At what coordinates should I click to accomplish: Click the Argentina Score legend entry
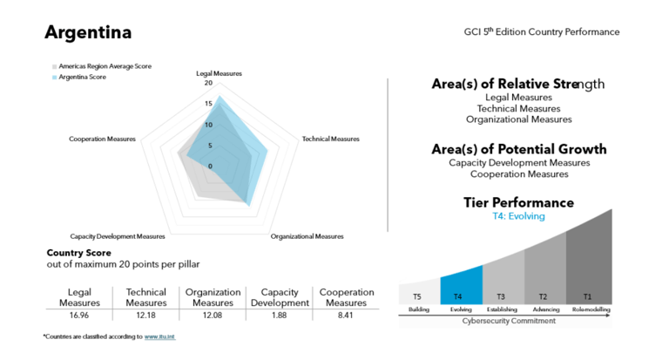click(82, 77)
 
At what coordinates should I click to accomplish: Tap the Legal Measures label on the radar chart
click(220, 74)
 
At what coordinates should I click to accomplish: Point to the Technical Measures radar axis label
click(330, 139)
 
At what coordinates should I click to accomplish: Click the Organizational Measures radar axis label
click(307, 236)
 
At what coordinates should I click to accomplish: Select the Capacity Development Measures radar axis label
click(118, 236)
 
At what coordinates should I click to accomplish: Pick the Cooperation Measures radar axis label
click(102, 139)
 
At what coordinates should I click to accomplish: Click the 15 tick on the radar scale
click(209, 105)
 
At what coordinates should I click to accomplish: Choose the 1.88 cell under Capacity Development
click(279, 315)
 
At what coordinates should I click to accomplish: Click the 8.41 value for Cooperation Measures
click(347, 315)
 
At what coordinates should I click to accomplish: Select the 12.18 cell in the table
click(146, 315)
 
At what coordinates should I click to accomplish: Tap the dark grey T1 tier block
click(587, 262)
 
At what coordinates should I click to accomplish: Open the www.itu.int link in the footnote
click(159, 336)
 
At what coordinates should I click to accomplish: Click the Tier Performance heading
click(518, 202)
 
